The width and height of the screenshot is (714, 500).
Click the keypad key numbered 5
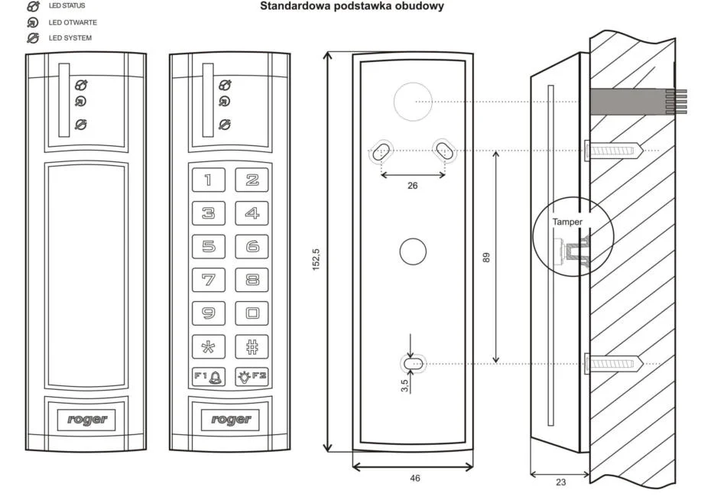[208, 246]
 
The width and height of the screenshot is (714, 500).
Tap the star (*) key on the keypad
[208, 346]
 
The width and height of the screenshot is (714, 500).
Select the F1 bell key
[208, 376]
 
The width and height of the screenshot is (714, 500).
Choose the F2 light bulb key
[252, 376]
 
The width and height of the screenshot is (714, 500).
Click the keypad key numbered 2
[252, 180]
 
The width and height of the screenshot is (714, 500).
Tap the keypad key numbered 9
[208, 313]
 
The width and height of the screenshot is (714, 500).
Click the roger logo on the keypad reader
[230, 419]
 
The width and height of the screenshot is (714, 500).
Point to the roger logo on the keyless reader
[86, 419]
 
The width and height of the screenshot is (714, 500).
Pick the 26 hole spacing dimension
[413, 186]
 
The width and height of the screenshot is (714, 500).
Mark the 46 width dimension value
[414, 479]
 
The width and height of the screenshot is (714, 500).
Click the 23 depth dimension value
[560, 482]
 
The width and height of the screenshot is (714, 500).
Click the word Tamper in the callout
[568, 222]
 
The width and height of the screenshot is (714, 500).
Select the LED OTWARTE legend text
[73, 22]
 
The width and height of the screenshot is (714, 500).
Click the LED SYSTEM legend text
[70, 37]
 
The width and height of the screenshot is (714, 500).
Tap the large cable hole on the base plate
[413, 101]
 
